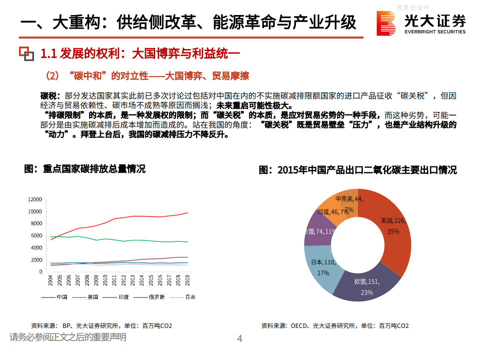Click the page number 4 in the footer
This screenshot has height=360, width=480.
point(239,339)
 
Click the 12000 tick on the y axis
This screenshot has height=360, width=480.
point(35,199)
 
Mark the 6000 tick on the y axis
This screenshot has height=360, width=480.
point(37,236)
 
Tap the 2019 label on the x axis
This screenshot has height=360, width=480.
point(188,280)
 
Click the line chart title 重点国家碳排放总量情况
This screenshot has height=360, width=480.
point(85,169)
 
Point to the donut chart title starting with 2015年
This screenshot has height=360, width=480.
point(357,170)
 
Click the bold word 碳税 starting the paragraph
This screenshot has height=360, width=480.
point(50,96)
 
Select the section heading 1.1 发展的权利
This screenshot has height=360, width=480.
point(141,53)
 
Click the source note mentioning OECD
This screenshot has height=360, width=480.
point(334,325)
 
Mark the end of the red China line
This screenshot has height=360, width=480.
point(188,213)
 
